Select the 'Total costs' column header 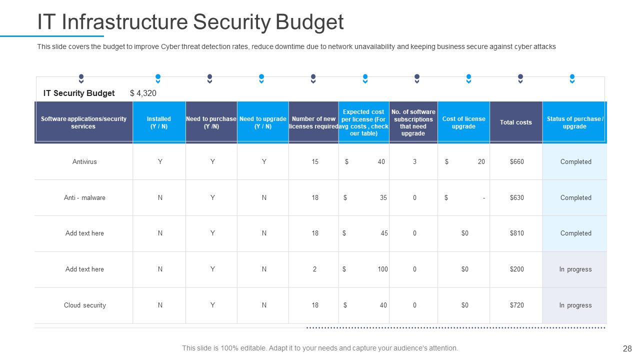pos(516,122)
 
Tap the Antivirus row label pos(84,162)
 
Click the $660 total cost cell pos(516,162)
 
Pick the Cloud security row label pos(84,305)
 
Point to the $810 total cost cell pos(516,233)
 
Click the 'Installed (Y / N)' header pos(159,122)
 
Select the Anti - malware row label pos(84,198)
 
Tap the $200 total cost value pos(516,269)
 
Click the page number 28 pos(627,348)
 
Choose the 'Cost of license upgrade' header pos(463,122)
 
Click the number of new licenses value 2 pos(314,269)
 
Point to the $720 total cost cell pos(516,305)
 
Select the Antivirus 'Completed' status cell pos(575,162)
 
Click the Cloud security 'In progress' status pos(575,305)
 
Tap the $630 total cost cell pos(516,198)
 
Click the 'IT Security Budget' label pos(79,93)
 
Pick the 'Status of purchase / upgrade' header pos(575,122)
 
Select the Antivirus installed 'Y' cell pos(160,162)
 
